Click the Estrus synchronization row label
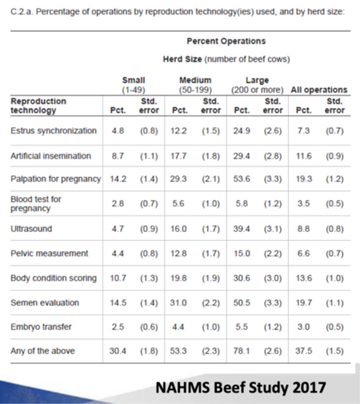pos(53,131)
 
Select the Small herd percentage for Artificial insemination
pos(118,156)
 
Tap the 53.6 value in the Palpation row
pos(242,179)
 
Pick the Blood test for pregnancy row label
pos(36,204)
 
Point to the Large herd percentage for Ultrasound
pos(242,229)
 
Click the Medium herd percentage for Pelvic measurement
pos(178,254)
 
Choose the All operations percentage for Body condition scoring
pos(304,278)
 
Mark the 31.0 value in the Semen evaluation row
pos(178,303)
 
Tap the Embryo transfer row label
pos(41,327)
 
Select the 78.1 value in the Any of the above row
pos(242,351)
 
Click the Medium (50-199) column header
pos(195,85)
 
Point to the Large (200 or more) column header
pos(257,85)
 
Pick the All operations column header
pos(319,90)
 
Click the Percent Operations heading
pos(226,41)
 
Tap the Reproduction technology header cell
pos(38,106)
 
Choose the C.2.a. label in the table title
pos(22,12)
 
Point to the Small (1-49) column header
pos(134,85)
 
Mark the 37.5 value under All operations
pos(304,351)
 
